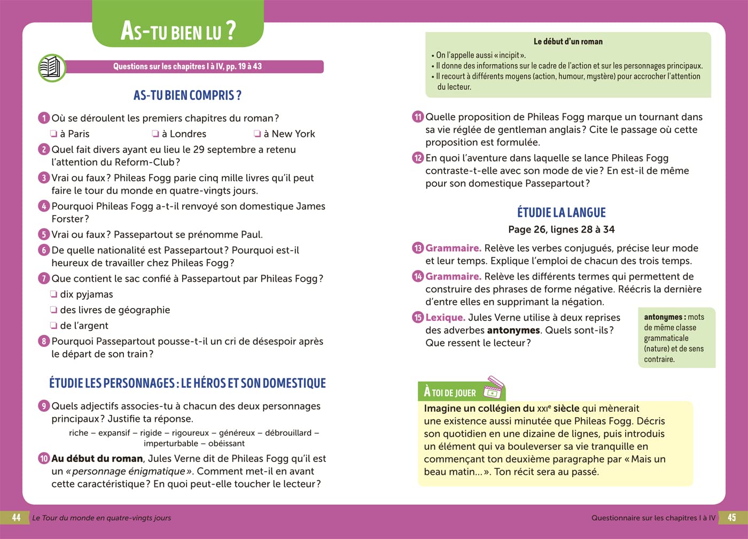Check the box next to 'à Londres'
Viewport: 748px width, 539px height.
click(x=155, y=134)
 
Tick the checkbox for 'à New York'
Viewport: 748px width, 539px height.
click(x=258, y=134)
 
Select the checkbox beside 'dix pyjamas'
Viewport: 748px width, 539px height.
click(x=53, y=294)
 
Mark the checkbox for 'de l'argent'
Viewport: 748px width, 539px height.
click(x=53, y=325)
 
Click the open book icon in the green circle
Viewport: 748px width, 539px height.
click(x=52, y=68)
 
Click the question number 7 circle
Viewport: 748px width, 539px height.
click(x=44, y=279)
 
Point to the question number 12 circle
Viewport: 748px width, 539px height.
click(x=418, y=158)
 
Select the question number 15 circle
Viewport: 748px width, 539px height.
click(x=418, y=317)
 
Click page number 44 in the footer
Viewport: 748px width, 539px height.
click(x=17, y=518)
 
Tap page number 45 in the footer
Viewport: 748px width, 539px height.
click(x=731, y=518)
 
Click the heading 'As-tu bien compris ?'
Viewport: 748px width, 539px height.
click(x=187, y=96)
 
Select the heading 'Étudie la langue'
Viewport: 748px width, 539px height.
click(x=561, y=212)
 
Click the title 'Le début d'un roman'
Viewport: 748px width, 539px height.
click(x=568, y=41)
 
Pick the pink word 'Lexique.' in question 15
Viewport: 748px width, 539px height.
click(x=445, y=317)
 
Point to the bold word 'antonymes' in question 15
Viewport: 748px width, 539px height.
click(x=513, y=330)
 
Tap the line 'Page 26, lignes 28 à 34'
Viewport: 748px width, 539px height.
click(x=561, y=229)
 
